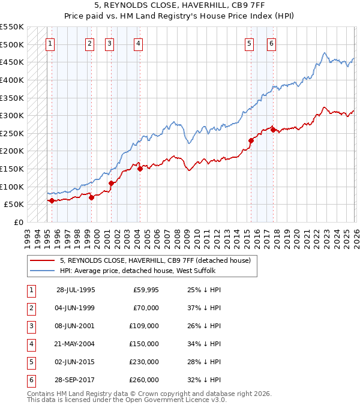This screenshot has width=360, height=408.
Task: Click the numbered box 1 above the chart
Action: click(x=51, y=43)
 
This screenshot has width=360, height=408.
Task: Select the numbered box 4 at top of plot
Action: click(x=138, y=43)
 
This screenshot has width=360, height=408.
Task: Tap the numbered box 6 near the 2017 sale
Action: click(x=271, y=43)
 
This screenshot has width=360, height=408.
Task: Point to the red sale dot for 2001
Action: click(x=111, y=183)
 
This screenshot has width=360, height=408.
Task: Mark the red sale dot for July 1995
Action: click(x=52, y=201)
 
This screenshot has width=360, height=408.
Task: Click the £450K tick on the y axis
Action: click(x=11, y=62)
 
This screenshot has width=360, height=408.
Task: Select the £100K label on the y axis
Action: click(x=11, y=187)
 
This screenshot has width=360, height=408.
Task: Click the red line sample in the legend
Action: click(x=42, y=260)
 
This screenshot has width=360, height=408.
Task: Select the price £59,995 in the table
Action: click(x=146, y=290)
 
